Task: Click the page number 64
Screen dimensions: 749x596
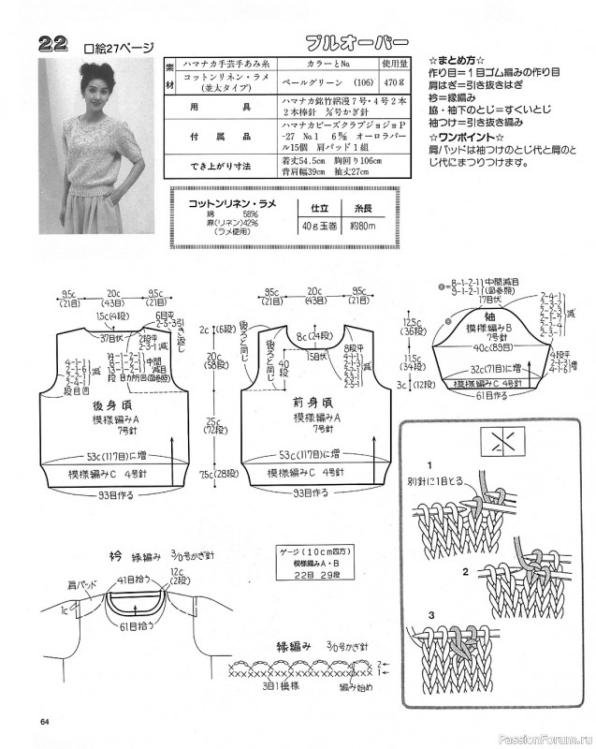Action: [x=45, y=719]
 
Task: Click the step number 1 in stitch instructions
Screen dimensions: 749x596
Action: [x=431, y=465]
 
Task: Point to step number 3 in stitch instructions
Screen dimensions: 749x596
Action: [x=431, y=615]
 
